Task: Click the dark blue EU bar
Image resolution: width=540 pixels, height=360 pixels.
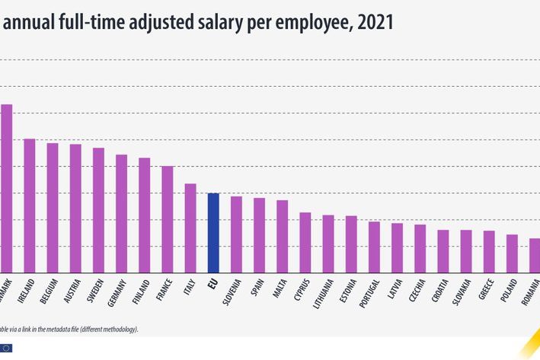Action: [x=213, y=233]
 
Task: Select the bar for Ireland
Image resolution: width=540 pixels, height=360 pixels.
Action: [x=30, y=205]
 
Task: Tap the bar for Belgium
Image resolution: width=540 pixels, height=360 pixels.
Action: [x=53, y=208]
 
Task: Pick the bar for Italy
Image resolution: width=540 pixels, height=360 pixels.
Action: [x=190, y=228]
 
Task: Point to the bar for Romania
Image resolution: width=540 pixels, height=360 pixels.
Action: [x=535, y=255]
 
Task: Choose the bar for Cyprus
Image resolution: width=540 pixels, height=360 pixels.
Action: [x=305, y=242]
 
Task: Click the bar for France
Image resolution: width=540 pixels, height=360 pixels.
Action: [x=168, y=219]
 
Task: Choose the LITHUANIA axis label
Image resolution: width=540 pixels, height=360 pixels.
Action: [x=329, y=295]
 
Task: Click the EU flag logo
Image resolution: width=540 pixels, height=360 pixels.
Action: [x=7, y=348]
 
